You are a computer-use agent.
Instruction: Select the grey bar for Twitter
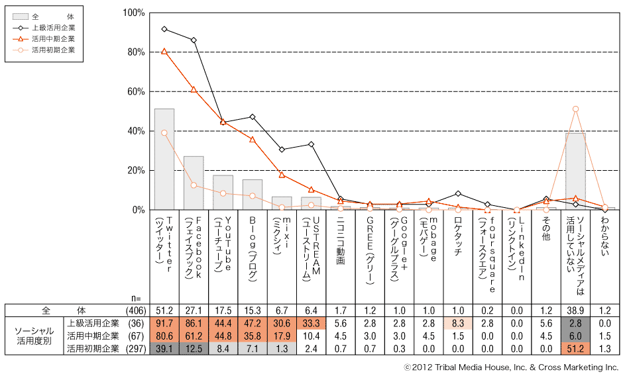pos(164,159)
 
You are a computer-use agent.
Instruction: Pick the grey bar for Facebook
pos(194,183)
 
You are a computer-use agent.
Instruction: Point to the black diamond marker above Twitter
pos(164,29)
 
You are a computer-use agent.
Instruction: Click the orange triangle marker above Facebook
pos(194,89)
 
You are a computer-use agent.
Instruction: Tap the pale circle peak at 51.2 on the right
pos(575,109)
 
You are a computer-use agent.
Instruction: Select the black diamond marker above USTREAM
pos(311,144)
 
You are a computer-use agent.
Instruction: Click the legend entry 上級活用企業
pos(53,28)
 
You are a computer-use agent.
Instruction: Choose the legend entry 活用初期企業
pos(53,50)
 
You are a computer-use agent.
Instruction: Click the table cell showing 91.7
pos(164,323)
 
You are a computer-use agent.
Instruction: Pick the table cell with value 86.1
pos(194,323)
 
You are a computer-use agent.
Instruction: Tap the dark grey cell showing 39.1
pos(164,348)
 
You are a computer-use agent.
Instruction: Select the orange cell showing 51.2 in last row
pos(575,348)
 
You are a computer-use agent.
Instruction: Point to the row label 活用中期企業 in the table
pos(92,336)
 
